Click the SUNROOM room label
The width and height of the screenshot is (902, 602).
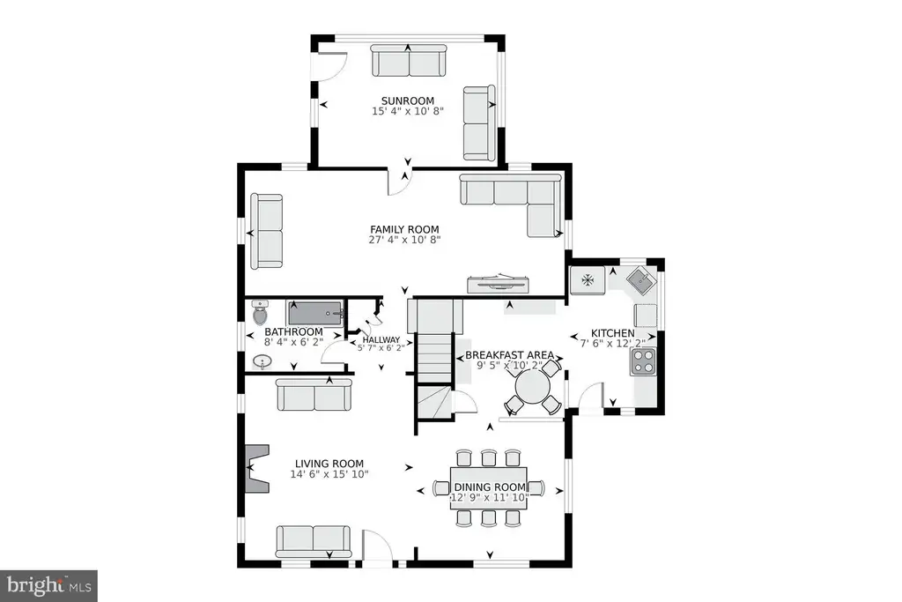pos(408,100)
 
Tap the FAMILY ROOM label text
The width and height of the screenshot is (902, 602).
pos(404,230)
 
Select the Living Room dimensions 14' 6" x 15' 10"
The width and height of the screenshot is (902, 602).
pos(329,474)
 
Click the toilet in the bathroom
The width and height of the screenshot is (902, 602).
pos(261,313)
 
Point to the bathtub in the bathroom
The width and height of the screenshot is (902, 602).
pos(316,313)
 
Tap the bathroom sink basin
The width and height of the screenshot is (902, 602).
pos(262,362)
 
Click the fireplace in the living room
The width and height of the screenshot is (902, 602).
pos(257,468)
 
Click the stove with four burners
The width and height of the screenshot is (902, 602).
pos(643,362)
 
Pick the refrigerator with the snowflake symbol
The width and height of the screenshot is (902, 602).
pos(588,280)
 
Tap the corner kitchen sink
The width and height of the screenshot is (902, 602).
pos(641,281)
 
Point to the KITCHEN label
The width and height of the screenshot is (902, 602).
pos(613,333)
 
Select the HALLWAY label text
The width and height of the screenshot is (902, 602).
pos(381,340)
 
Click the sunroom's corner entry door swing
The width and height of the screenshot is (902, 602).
pos(331,66)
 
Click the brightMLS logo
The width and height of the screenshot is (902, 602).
pos(48,586)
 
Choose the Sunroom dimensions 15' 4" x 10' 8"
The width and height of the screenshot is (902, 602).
pos(408,111)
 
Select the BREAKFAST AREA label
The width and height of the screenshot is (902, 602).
pos(510,355)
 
